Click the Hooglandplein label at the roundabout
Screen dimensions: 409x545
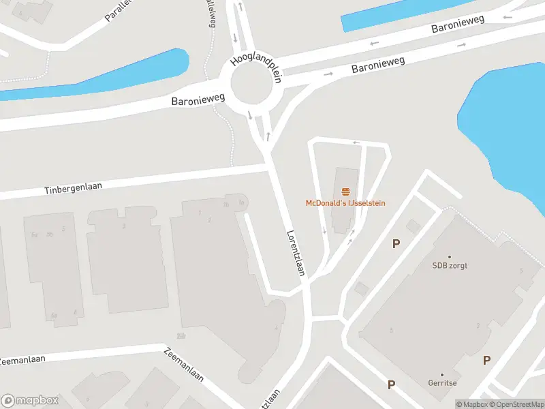point(256,65)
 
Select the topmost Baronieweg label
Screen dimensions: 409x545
point(458,24)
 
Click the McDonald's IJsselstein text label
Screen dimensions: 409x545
point(345,203)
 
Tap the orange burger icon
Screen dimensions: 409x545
point(345,192)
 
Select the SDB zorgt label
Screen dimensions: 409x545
point(450,265)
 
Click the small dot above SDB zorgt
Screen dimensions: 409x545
point(450,257)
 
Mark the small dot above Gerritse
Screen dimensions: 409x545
point(441,375)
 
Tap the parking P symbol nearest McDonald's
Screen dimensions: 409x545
point(396,244)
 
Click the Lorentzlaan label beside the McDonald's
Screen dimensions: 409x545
point(295,252)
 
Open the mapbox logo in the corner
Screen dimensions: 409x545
point(31,401)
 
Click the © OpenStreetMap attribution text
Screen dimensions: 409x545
point(515,404)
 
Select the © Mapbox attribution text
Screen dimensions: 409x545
point(471,404)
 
